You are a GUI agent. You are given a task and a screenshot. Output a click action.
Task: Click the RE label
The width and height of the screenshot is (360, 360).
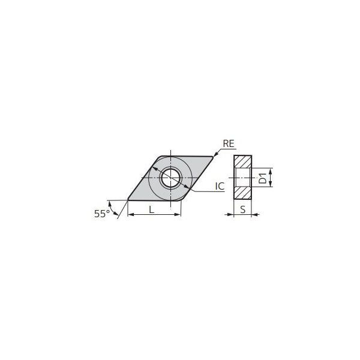point(229,144)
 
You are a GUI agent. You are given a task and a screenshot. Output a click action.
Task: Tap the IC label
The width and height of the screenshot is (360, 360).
point(220,186)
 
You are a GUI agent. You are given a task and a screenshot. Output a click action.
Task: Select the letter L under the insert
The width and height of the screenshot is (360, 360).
point(152,209)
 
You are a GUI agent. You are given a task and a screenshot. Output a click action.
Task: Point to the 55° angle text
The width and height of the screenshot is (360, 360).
point(102,214)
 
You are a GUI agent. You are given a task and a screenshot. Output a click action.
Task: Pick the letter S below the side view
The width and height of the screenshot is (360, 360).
point(242,209)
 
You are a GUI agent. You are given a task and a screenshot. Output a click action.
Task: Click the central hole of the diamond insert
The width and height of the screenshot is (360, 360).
point(170,178)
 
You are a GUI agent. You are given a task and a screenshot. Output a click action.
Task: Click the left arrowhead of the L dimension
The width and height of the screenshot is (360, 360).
point(131,214)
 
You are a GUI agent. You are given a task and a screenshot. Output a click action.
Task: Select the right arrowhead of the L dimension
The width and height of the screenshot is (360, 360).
point(178,214)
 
